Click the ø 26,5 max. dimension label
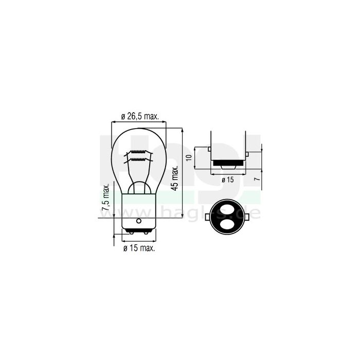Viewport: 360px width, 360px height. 140,116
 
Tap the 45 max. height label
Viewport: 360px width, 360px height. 175,178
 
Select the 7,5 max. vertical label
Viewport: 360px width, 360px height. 105,197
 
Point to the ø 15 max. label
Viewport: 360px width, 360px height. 139,248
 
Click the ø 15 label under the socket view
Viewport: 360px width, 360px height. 228,179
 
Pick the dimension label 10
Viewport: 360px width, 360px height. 189,158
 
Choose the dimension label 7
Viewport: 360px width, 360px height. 258,179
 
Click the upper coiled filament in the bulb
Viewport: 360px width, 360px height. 138,152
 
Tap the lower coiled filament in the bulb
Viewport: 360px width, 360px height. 138,159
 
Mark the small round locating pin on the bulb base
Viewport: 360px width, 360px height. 138,221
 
